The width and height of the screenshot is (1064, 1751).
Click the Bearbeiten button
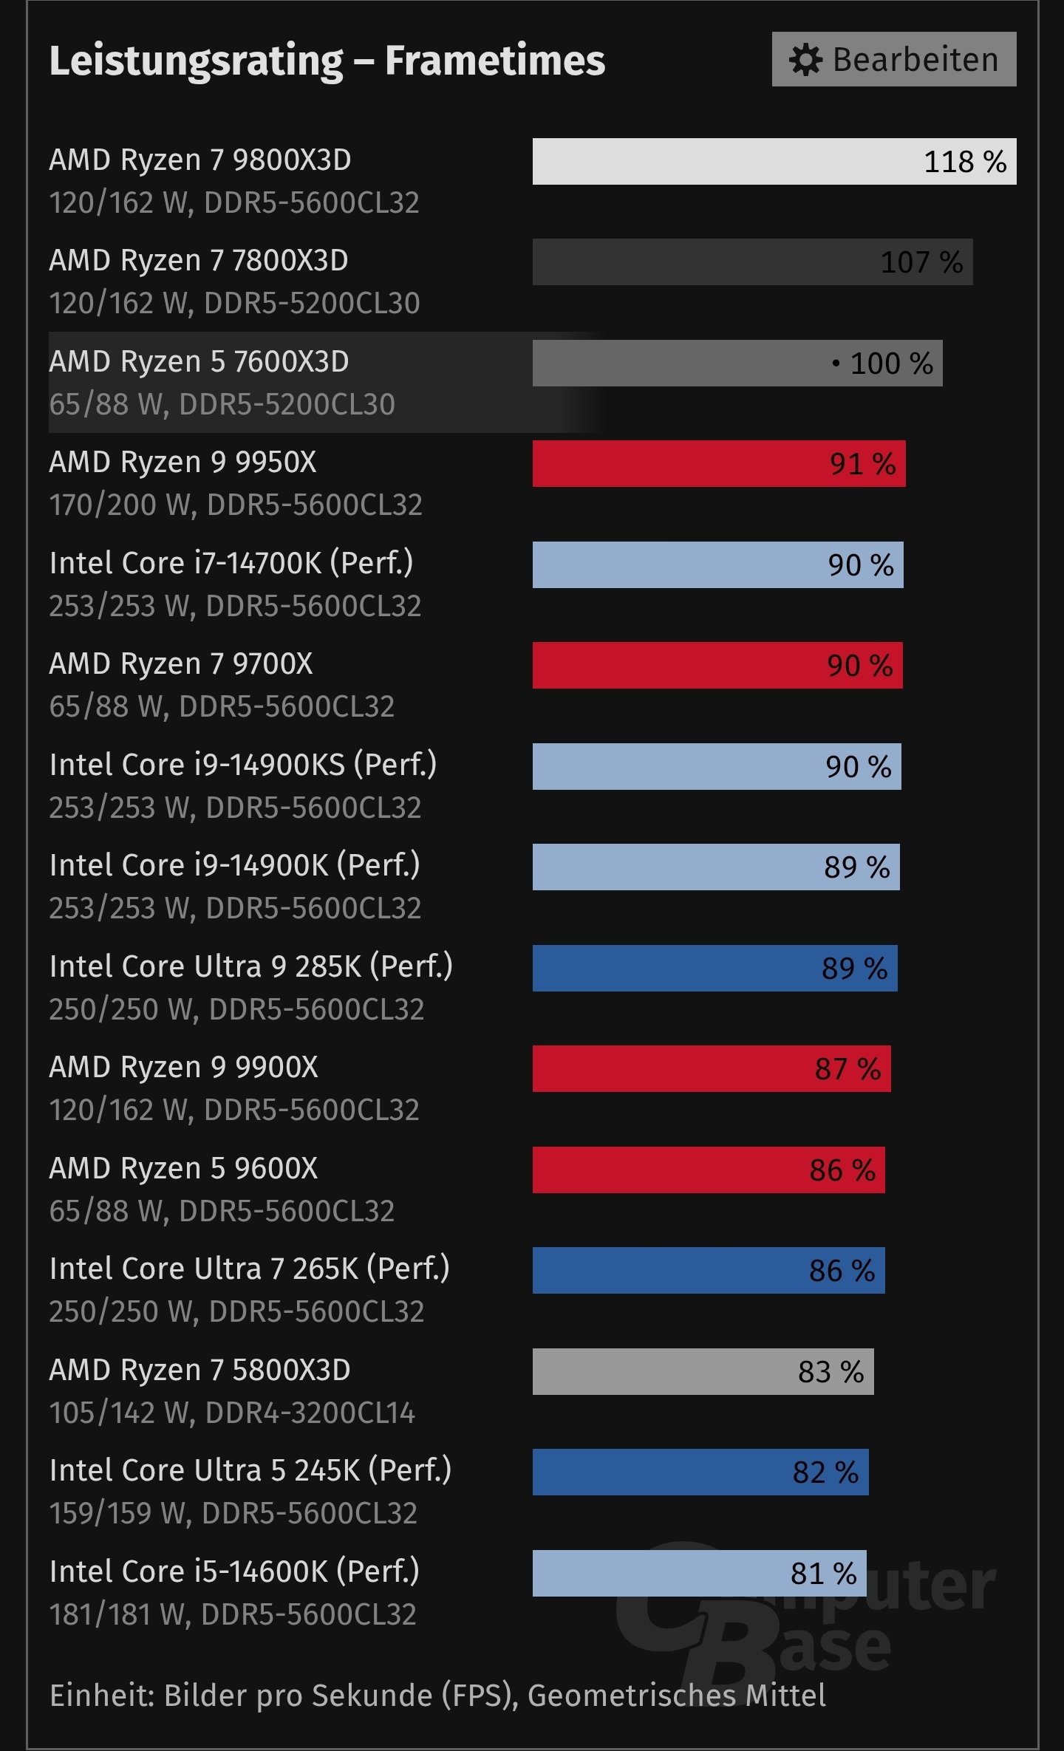(893, 59)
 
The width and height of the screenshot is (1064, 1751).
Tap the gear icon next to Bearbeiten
(805, 60)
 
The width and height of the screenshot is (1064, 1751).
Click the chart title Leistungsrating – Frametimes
(327, 61)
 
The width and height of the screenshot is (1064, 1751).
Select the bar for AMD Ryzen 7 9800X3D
(774, 161)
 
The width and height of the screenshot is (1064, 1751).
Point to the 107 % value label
(921, 262)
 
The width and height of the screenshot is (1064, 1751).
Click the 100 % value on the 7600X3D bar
(891, 363)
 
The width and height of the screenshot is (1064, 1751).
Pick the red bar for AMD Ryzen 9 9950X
(718, 464)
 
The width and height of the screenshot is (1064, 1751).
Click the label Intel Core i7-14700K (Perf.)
(231, 563)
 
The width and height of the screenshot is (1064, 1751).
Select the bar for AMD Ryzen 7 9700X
(717, 665)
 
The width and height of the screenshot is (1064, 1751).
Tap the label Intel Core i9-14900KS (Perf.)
(243, 765)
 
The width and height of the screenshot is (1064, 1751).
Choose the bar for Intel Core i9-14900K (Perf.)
(715, 867)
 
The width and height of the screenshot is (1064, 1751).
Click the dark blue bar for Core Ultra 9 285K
(715, 968)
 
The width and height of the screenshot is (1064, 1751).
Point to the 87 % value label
(848, 1069)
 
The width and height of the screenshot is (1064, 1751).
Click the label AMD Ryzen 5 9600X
(183, 1168)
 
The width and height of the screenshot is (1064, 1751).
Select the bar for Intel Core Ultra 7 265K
(708, 1271)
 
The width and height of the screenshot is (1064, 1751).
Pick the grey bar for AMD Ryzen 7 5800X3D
(703, 1371)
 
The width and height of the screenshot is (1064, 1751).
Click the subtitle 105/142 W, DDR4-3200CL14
(232, 1413)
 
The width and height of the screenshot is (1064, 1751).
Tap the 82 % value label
(825, 1472)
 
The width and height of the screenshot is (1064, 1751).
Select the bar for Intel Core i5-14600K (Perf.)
(699, 1573)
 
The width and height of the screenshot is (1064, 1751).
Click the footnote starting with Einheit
(437, 1695)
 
